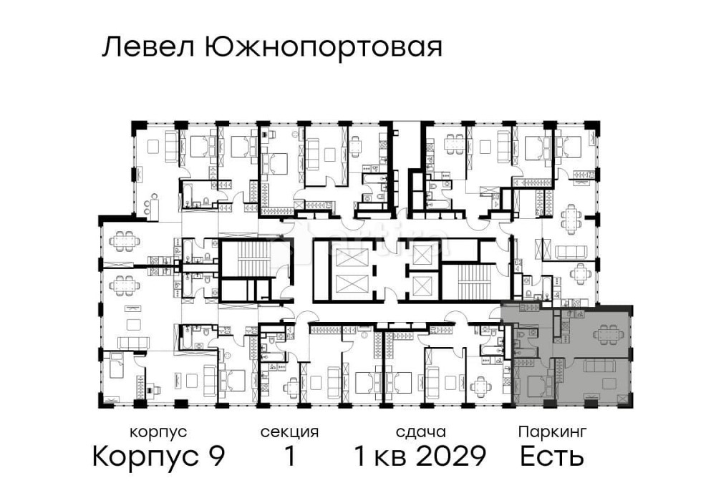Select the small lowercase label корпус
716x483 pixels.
click(158, 432)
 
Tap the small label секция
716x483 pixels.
click(289, 432)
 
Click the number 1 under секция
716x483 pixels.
click(290, 456)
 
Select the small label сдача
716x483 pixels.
click(420, 432)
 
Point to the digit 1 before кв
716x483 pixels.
click(361, 456)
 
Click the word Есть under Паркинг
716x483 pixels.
click(552, 456)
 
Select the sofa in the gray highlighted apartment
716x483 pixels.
click(599, 367)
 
